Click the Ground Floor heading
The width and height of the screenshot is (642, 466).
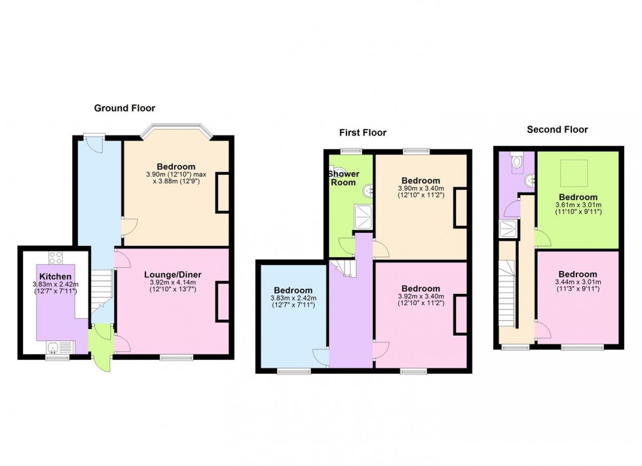coord(124,108)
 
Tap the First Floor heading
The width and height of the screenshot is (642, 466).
coord(362,132)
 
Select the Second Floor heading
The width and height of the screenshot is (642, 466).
coord(557,130)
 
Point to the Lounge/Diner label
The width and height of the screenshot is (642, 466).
coord(172,275)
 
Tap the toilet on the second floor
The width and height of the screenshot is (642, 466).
coord(518,160)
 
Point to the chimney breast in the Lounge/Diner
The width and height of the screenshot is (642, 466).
coord(223,301)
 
